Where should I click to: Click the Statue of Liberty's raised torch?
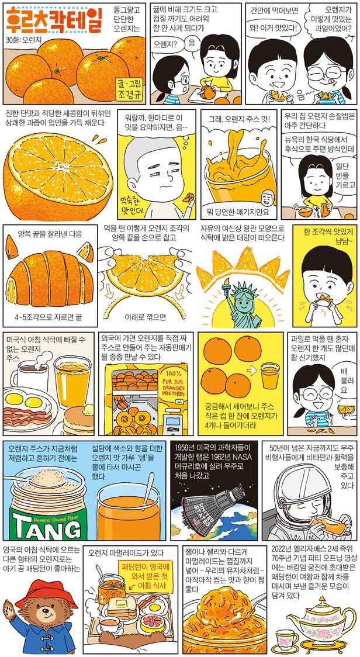pyautogui.click(x=228, y=284)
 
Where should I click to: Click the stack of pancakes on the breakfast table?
pyautogui.click(x=78, y=420)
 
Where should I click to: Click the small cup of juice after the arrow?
pyautogui.click(x=270, y=375)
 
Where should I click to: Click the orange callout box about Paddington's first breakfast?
pyautogui.click(x=144, y=576)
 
